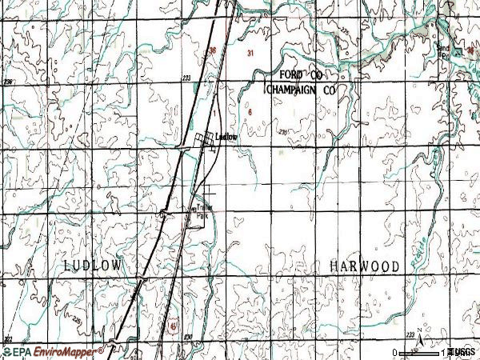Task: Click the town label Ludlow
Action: [229, 137]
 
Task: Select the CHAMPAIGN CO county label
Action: [300, 91]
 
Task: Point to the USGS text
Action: [463, 352]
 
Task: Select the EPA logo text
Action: [22, 351]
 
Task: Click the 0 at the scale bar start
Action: [394, 352]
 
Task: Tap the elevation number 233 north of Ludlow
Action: [186, 78]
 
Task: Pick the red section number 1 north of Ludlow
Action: [215, 113]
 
